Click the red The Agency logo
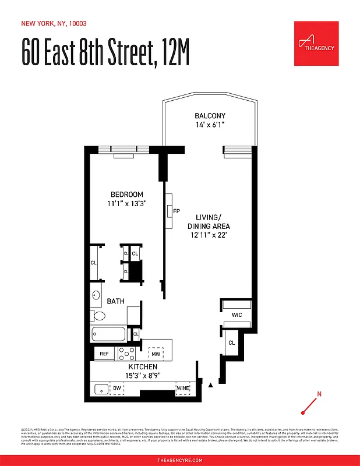(316, 43)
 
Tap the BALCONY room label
(210, 116)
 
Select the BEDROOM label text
(127, 194)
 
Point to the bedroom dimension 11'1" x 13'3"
(126, 203)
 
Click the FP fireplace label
(177, 211)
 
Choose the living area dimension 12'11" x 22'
(208, 235)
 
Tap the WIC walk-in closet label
(237, 315)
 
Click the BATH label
(116, 301)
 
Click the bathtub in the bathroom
(108, 335)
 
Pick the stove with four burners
(127, 353)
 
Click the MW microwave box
(156, 354)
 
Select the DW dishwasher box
(117, 387)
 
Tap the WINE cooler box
(183, 387)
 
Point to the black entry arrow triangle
(211, 384)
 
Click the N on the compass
(319, 394)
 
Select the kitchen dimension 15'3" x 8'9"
(143, 376)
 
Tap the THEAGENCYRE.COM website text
(180, 460)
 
